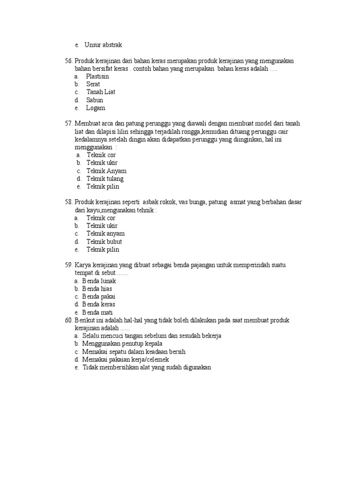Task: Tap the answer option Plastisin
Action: [x=97, y=76]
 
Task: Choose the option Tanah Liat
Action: [x=101, y=92]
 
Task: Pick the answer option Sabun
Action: [x=95, y=100]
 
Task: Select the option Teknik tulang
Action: [x=105, y=179]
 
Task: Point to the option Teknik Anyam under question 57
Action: [x=106, y=171]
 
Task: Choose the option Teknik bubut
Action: [x=104, y=241]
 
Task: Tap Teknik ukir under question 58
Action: [x=101, y=225]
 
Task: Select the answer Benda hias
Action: [x=97, y=289]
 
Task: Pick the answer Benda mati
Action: [x=97, y=312]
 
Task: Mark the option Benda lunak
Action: [x=99, y=281]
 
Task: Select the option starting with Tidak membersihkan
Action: [x=147, y=367]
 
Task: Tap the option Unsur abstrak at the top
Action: [x=103, y=45]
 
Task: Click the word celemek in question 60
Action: [x=156, y=360]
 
